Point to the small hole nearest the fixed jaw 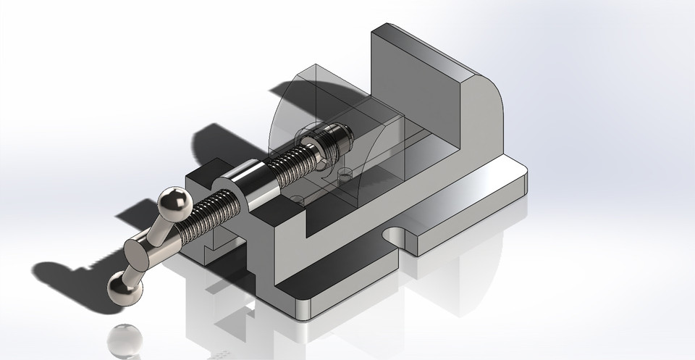[345, 173]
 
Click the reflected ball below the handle [125, 340]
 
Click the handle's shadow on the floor [72, 272]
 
